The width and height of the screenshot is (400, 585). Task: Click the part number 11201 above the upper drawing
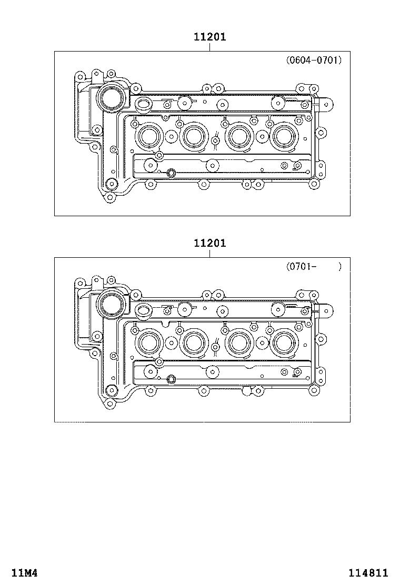tap(209, 37)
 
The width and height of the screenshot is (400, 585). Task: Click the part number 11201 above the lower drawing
tap(209, 243)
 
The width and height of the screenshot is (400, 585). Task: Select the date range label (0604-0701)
tap(314, 60)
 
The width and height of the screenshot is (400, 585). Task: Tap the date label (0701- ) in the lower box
tap(314, 266)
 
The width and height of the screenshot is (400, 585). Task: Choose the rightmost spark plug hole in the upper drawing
tap(284, 137)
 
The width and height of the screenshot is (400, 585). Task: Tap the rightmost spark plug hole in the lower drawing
tap(284, 343)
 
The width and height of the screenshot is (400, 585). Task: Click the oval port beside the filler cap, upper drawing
tap(143, 104)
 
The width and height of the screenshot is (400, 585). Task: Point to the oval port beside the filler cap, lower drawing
tap(143, 310)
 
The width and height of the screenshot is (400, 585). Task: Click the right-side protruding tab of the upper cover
tap(326, 105)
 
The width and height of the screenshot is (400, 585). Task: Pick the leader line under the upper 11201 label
tap(209, 47)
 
